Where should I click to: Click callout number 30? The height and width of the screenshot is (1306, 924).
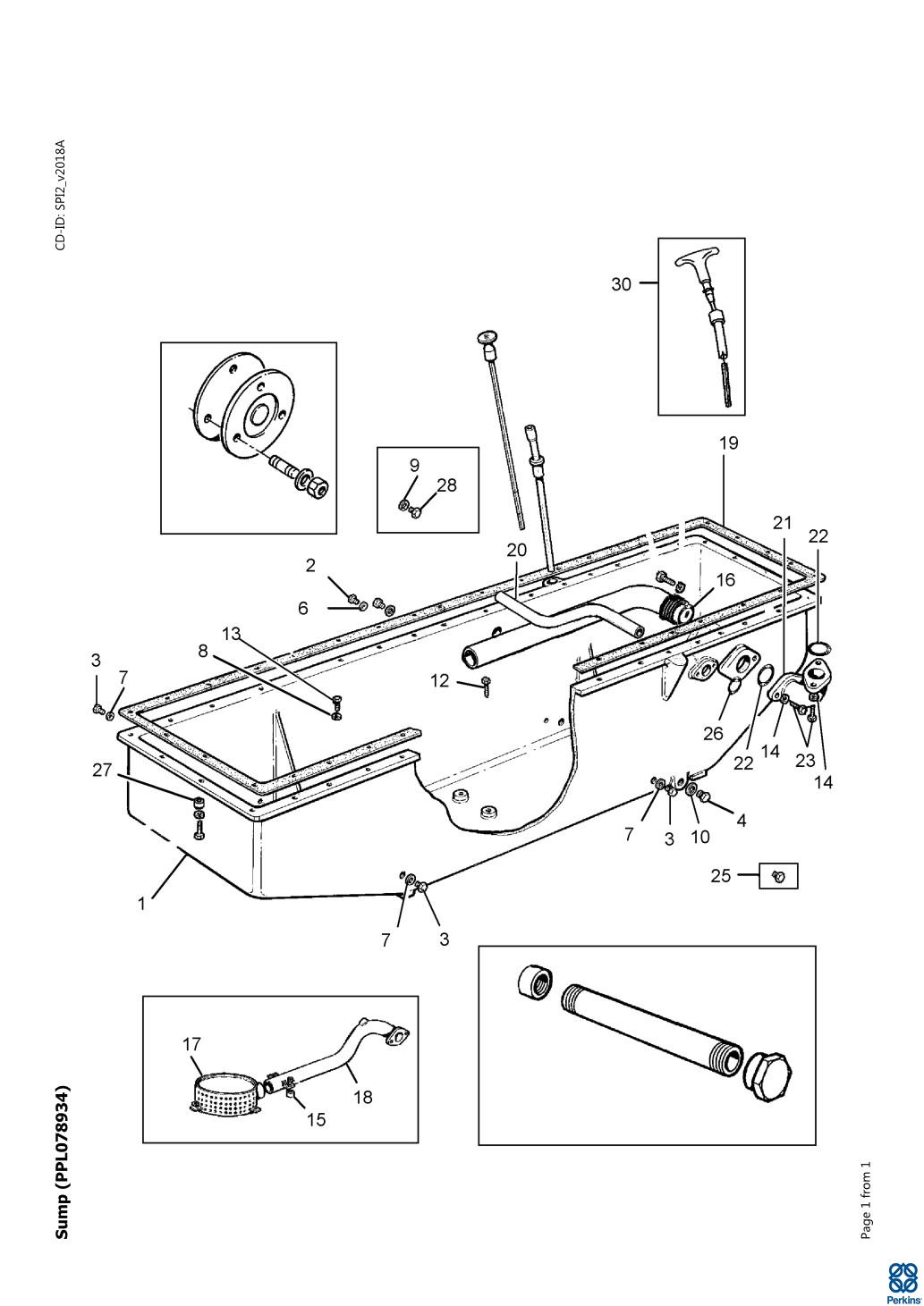[x=621, y=284]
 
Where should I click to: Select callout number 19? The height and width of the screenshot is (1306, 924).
[x=729, y=442]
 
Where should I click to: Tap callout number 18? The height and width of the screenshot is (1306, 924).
[x=362, y=1097]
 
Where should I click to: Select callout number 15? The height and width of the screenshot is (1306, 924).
[x=317, y=1118]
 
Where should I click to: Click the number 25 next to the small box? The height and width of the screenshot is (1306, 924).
[x=721, y=876]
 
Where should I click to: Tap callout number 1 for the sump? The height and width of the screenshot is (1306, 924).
[x=141, y=903]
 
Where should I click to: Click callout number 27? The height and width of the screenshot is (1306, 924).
[x=102, y=770]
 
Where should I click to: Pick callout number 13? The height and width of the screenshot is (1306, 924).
[x=232, y=634]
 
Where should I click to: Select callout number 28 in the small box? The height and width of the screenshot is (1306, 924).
[x=446, y=485]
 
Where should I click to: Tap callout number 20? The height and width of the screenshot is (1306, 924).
[x=517, y=550]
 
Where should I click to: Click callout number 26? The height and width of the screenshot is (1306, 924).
[x=712, y=734]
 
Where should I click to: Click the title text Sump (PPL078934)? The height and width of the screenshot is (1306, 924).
[x=62, y=1162]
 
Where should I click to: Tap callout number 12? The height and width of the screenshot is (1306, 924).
[x=439, y=680]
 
